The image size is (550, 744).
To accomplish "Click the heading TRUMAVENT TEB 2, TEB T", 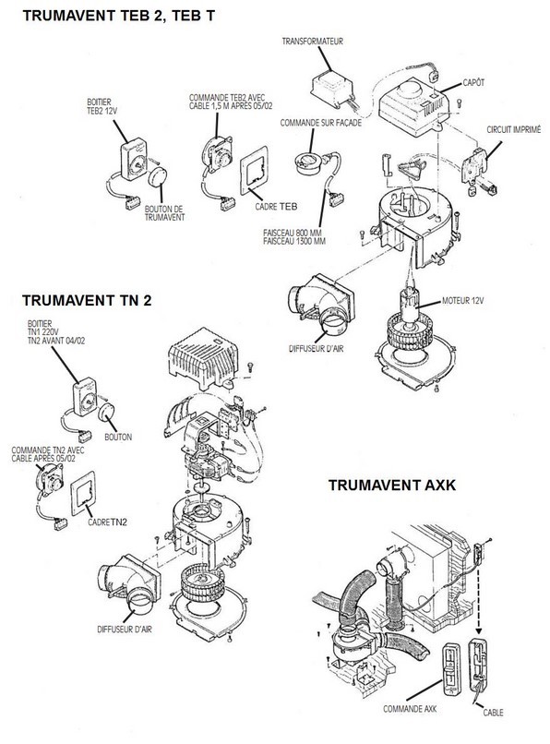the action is [x=119, y=16].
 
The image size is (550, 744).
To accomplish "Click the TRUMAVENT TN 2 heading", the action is [x=87, y=300].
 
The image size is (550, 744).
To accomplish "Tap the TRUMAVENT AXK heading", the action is [x=392, y=485].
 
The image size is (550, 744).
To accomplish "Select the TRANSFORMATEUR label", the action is [x=312, y=42].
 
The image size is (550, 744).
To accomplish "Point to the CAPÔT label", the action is [x=473, y=82].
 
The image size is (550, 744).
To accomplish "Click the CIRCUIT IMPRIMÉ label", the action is [x=513, y=129].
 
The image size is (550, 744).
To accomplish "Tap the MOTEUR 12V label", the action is [x=462, y=300].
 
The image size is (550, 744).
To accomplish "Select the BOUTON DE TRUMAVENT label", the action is [x=164, y=213].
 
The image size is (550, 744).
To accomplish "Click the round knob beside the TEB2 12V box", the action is [x=158, y=177].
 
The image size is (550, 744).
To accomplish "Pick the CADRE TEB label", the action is [x=276, y=207].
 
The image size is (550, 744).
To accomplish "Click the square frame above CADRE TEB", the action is [x=255, y=171].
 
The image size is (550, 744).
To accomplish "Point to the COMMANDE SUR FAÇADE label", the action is [x=321, y=123].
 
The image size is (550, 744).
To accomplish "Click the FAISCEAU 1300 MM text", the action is [x=294, y=241].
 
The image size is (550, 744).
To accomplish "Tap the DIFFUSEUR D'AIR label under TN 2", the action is [x=125, y=630].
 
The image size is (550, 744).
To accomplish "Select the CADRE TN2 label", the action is [x=107, y=522].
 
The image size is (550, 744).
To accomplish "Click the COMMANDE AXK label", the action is [x=410, y=709].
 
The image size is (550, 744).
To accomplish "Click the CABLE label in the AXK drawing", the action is [x=493, y=713].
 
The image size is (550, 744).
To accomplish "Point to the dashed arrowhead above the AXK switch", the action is [x=478, y=630].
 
